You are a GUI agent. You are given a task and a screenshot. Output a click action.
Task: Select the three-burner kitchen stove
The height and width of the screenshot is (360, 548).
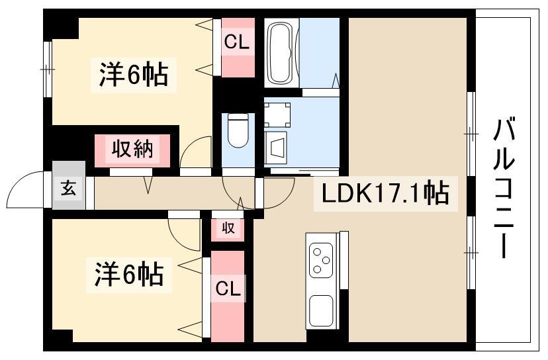(322, 259)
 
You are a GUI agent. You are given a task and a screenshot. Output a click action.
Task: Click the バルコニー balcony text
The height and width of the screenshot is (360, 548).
(506, 189)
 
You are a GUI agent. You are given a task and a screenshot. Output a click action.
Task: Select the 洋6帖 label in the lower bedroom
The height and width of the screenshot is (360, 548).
(129, 273)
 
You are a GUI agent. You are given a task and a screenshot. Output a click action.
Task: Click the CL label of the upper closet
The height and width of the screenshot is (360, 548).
(236, 42)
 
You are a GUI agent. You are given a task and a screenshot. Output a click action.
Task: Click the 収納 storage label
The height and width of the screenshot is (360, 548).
(132, 149)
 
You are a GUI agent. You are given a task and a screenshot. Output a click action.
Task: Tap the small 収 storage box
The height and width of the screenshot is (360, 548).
(228, 228)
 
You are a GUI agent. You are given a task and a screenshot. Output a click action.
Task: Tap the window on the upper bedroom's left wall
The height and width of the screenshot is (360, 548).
(48, 66)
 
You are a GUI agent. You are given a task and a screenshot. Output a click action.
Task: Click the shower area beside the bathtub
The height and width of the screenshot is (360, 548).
(320, 53)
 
